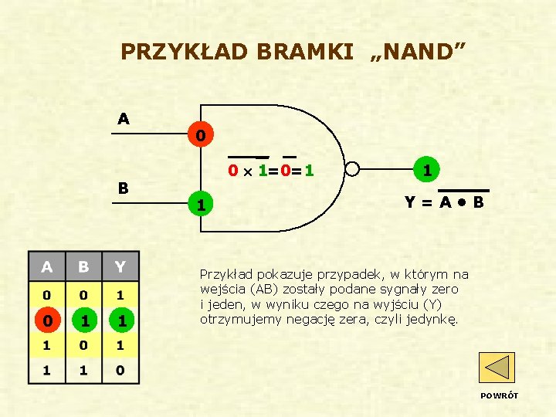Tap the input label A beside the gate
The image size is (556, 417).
click(x=123, y=120)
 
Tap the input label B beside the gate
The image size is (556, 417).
click(x=123, y=188)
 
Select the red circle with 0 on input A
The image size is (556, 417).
click(x=200, y=137)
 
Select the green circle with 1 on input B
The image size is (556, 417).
click(x=200, y=205)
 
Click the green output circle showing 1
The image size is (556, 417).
click(x=427, y=168)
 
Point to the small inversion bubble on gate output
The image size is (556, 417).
click(x=353, y=169)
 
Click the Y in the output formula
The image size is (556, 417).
click(x=410, y=204)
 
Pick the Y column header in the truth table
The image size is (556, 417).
click(x=120, y=267)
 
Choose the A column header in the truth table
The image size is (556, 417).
click(x=47, y=267)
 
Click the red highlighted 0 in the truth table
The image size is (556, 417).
click(x=47, y=319)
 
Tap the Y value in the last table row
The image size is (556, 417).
click(x=120, y=370)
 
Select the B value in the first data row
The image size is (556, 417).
click(x=83, y=295)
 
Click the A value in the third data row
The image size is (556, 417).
click(x=47, y=344)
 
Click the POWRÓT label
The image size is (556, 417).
click(x=499, y=395)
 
